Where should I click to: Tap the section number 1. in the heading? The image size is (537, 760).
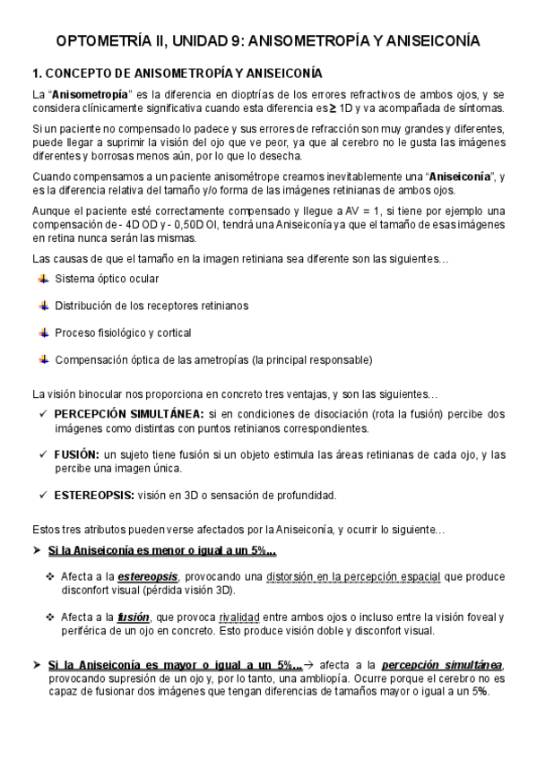pyautogui.click(x=38, y=73)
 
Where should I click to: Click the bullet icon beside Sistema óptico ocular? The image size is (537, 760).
pyautogui.click(x=44, y=279)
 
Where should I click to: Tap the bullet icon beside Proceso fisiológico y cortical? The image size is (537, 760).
pyautogui.click(x=44, y=332)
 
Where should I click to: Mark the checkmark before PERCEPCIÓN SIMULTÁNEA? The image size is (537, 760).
pyautogui.click(x=44, y=414)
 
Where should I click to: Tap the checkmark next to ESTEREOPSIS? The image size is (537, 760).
pyautogui.click(x=44, y=495)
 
